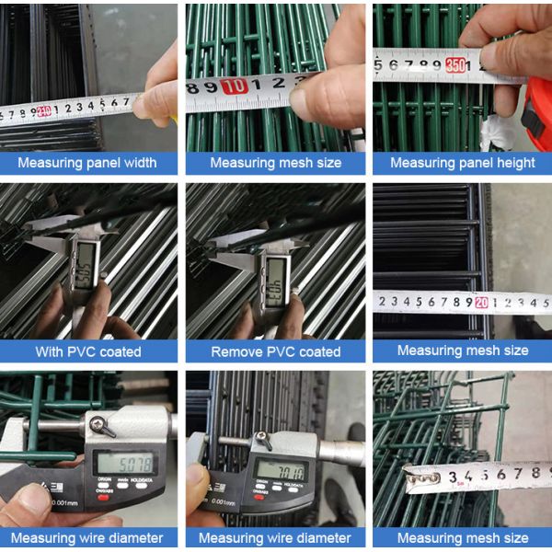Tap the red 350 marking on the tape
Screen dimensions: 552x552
(x=454, y=65)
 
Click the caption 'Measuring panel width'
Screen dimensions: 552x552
(x=87, y=163)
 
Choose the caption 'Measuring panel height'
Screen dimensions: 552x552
(x=462, y=163)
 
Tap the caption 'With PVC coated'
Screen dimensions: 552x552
(x=88, y=351)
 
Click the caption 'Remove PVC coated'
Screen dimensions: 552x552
(x=275, y=351)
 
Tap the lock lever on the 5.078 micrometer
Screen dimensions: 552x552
(x=104, y=425)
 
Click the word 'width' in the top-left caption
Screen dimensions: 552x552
(x=137, y=163)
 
